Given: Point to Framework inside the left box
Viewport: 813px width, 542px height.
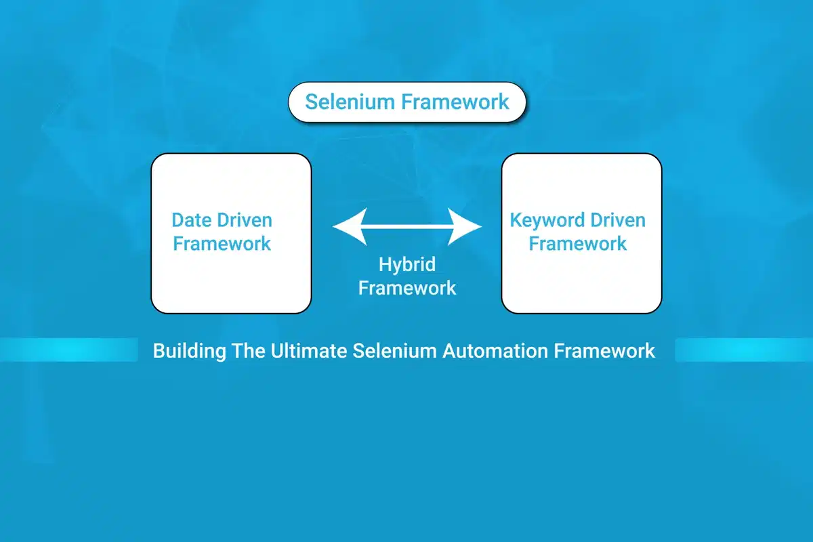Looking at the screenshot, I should click(222, 244).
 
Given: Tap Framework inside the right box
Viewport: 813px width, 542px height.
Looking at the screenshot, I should click(578, 244).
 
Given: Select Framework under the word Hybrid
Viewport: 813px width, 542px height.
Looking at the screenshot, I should click(407, 287).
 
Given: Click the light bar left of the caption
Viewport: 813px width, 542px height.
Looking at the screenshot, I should click(68, 350).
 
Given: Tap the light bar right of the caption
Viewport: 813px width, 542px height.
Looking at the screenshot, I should click(744, 350).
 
